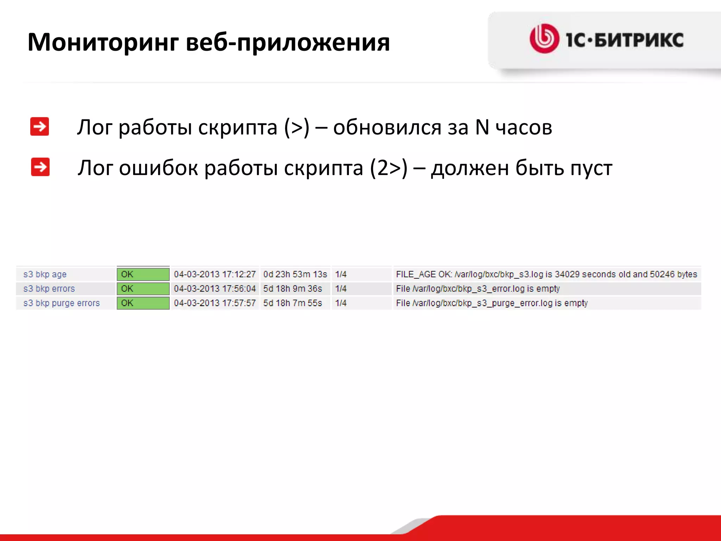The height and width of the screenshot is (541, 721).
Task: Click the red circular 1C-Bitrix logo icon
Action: [544, 39]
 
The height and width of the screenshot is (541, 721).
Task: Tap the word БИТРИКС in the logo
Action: [639, 40]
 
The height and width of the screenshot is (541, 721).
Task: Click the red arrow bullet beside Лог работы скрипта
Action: [39, 126]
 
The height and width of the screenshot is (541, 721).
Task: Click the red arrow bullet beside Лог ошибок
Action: [40, 167]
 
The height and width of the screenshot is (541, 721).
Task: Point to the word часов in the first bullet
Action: [524, 127]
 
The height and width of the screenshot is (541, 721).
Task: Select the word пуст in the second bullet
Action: [591, 168]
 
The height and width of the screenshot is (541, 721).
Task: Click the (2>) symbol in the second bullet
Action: [388, 168]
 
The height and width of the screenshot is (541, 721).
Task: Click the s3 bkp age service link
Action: [45, 274]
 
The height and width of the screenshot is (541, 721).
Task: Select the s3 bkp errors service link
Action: [49, 289]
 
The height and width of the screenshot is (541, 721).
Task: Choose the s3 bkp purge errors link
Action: [62, 303]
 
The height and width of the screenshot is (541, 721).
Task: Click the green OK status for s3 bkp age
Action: [143, 274]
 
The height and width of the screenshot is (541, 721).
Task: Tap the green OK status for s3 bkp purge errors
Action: [143, 303]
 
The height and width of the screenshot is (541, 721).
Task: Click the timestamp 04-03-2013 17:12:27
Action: [215, 274]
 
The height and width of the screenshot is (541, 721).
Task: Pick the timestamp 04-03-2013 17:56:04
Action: [215, 289]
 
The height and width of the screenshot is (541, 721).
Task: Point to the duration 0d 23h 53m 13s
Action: [295, 274]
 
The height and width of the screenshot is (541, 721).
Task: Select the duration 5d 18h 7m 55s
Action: [293, 303]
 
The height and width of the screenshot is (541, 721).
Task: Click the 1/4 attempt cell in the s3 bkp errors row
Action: [341, 289]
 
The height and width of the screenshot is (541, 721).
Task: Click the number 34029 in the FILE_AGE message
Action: [567, 274]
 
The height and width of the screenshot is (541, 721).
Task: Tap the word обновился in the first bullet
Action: [387, 127]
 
